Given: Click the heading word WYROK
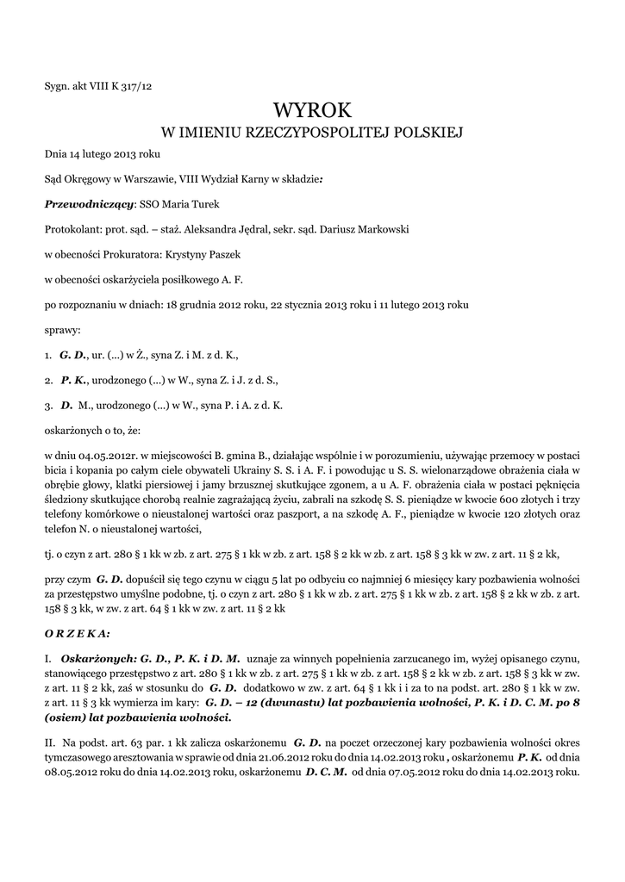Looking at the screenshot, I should [x=312, y=110].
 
